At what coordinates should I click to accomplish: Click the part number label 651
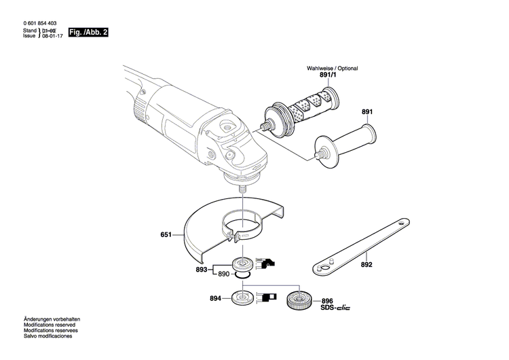pyautogui.click(x=166, y=236)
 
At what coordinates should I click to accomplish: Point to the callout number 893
pyautogui.click(x=201, y=269)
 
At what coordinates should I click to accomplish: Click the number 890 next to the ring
pyautogui.click(x=223, y=274)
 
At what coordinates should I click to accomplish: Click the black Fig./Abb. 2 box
pyautogui.click(x=88, y=33)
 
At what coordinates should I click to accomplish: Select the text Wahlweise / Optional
pyautogui.click(x=332, y=69)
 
